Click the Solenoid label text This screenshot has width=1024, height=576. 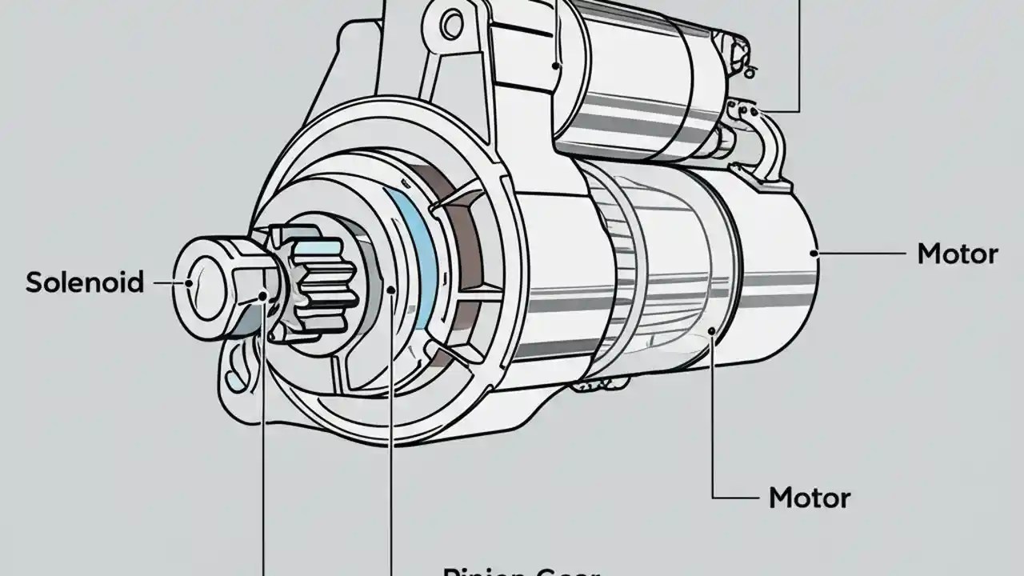tap(85, 282)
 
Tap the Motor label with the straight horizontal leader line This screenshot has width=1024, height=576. tap(957, 254)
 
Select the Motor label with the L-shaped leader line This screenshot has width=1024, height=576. tap(809, 498)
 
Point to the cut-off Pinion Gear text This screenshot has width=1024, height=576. tap(520, 570)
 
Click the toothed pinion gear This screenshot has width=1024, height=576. tap(320, 280)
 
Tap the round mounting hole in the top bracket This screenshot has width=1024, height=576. tap(452, 25)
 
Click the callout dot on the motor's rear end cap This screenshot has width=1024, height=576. tap(814, 254)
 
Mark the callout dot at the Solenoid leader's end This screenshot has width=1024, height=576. tap(190, 282)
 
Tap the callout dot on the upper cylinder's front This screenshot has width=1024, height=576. tap(557, 66)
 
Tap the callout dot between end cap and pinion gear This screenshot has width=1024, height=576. tap(263, 298)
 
